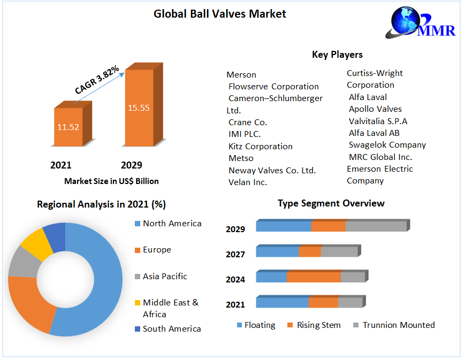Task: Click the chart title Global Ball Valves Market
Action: click(x=220, y=14)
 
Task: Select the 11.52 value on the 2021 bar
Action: click(x=68, y=127)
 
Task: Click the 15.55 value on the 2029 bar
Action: click(x=139, y=108)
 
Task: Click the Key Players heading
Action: click(x=337, y=55)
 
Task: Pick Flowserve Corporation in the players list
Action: click(x=273, y=86)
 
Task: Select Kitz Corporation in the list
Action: click(x=261, y=146)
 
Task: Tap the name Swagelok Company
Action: click(x=387, y=144)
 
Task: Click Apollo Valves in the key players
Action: click(x=375, y=109)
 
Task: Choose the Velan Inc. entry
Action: click(x=248, y=182)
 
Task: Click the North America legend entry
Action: click(x=172, y=223)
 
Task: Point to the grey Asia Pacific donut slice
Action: click(x=22, y=262)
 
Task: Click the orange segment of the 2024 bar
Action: click(x=314, y=277)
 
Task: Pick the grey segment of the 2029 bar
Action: click(x=376, y=226)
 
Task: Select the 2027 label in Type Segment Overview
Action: click(x=235, y=254)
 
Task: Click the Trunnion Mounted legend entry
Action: click(x=398, y=325)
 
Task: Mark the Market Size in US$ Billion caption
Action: click(x=111, y=181)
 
